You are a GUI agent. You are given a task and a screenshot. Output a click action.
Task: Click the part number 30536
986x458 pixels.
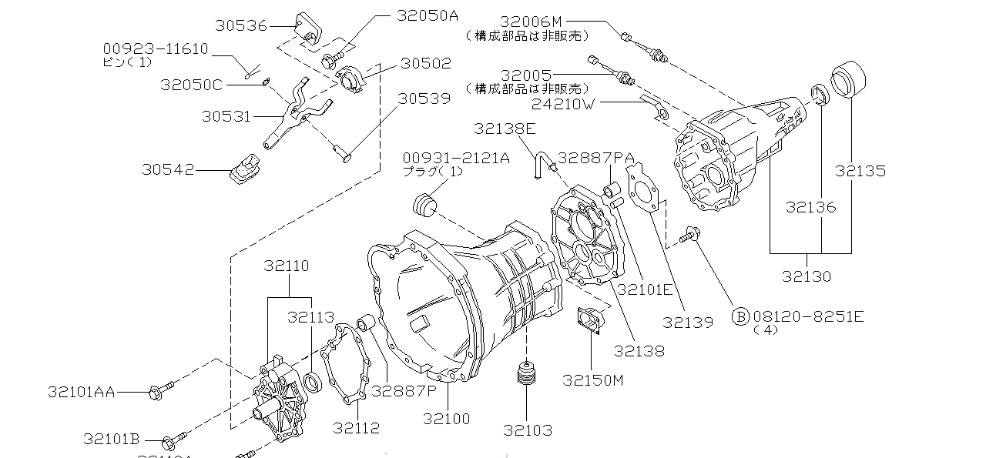pyautogui.click(x=240, y=25)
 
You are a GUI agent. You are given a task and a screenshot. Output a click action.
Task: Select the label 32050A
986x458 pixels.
pyautogui.click(x=428, y=15)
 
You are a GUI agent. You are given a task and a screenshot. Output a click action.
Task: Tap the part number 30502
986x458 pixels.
pyautogui.click(x=425, y=63)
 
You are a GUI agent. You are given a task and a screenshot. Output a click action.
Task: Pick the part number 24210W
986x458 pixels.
pyautogui.click(x=563, y=102)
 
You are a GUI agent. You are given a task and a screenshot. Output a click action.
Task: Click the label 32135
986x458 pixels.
pyautogui.click(x=860, y=171)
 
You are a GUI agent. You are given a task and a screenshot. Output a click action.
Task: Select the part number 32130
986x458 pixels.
pyautogui.click(x=807, y=276)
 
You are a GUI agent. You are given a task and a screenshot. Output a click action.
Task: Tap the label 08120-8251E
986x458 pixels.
pyautogui.click(x=808, y=316)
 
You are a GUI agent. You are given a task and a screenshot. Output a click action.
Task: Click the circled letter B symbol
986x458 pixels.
pyautogui.click(x=739, y=316)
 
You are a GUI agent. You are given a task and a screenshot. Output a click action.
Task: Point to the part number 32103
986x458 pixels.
pyautogui.click(x=528, y=430)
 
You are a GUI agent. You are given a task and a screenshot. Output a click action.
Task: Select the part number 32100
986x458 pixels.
pyautogui.click(x=446, y=420)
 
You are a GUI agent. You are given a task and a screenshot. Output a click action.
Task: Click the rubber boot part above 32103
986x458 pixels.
pyautogui.click(x=527, y=377)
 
